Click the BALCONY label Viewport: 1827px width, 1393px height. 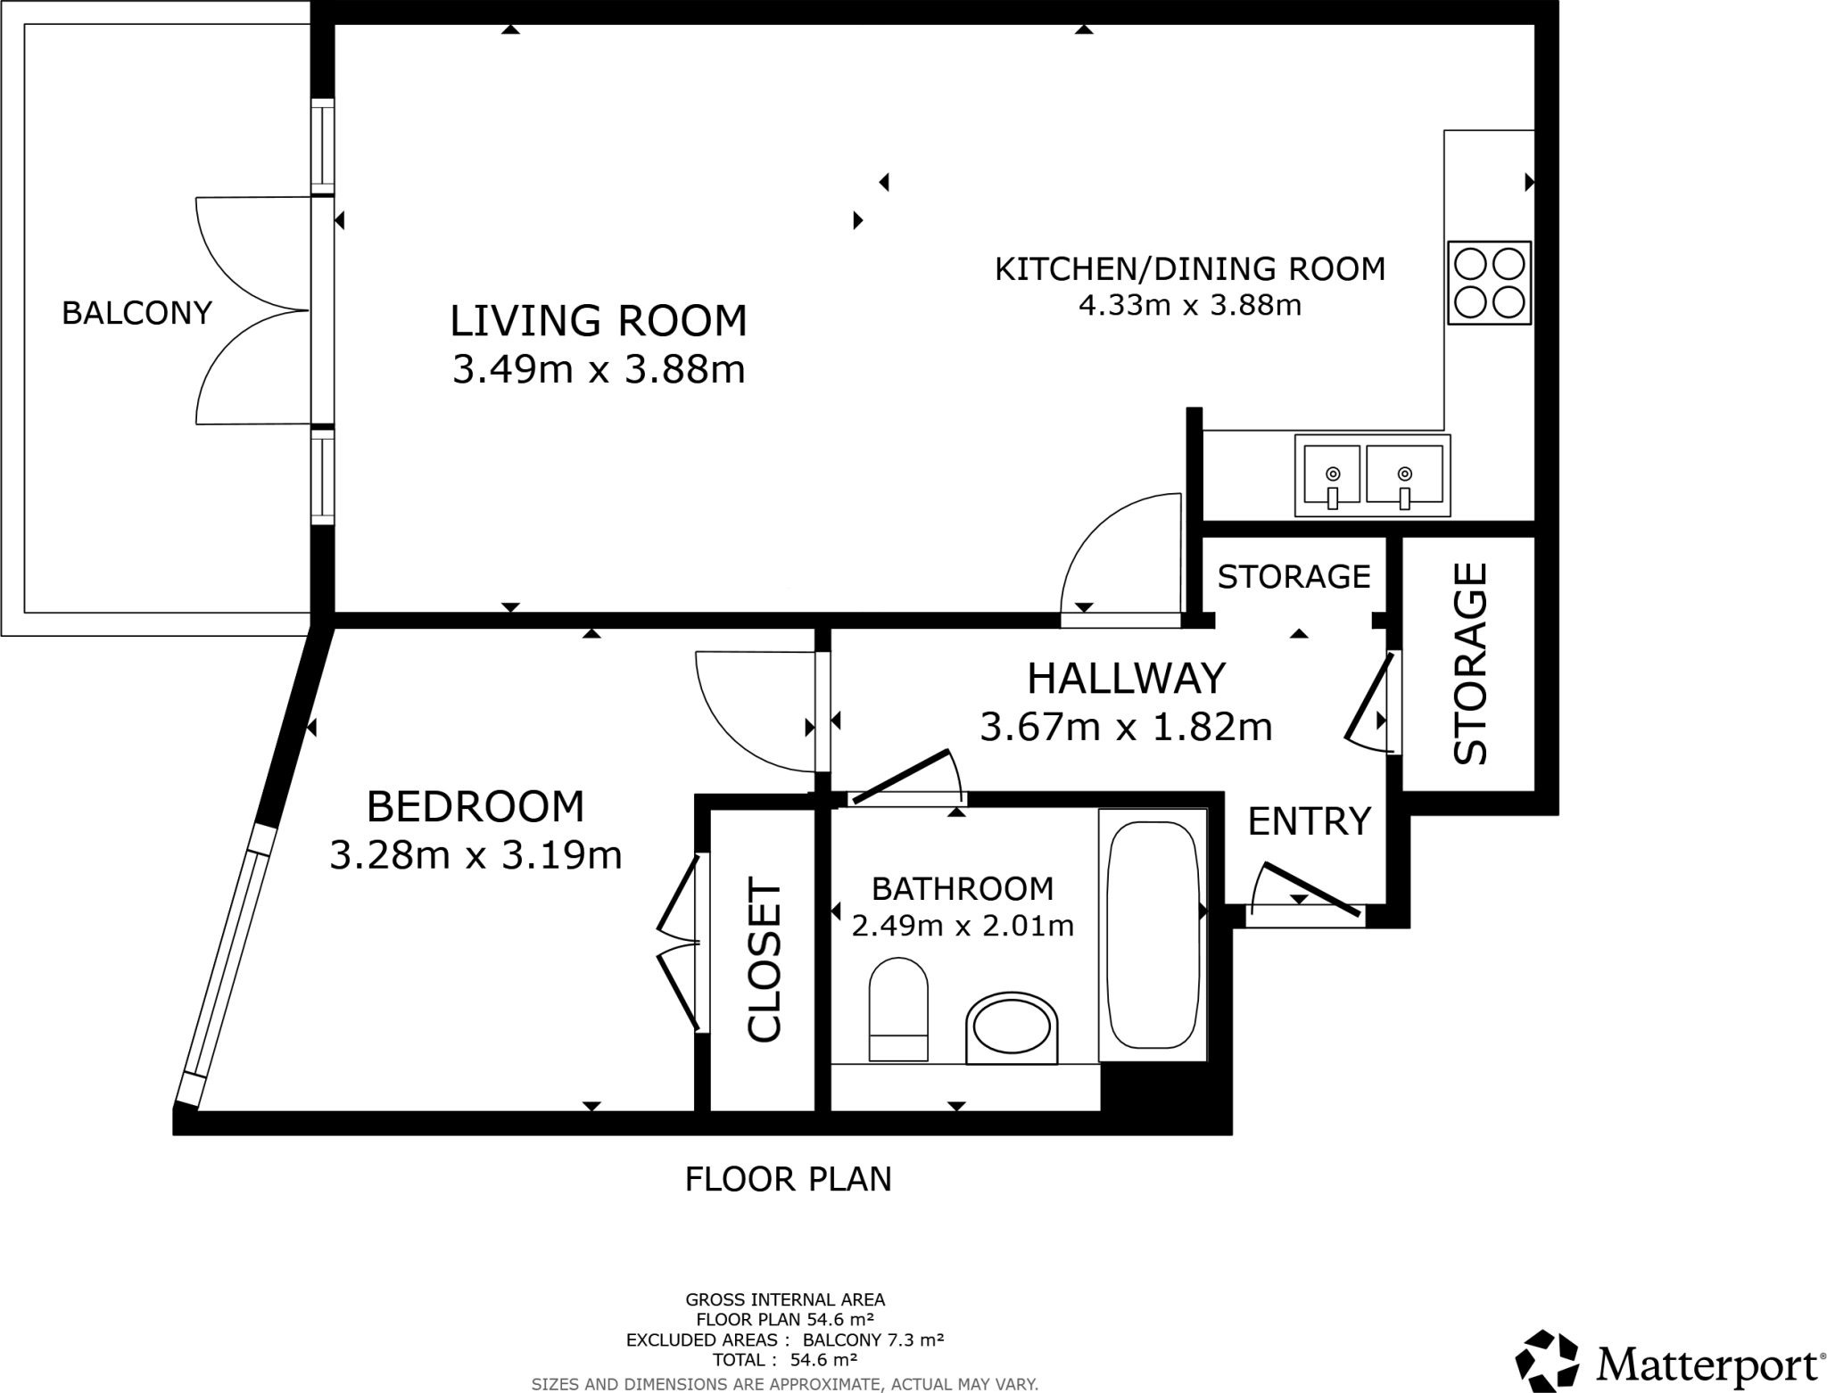[x=136, y=313]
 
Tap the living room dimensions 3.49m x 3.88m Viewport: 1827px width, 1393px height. [x=598, y=369]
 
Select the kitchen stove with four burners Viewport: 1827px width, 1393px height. [x=1489, y=283]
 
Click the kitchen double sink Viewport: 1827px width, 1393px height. [x=1372, y=475]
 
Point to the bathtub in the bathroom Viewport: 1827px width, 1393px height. [x=1152, y=935]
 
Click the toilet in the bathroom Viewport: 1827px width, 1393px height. [x=898, y=1010]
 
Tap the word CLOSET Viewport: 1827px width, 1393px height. [x=765, y=960]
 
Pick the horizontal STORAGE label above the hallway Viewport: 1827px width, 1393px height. [x=1294, y=577]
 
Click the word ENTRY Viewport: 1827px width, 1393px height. [x=1308, y=821]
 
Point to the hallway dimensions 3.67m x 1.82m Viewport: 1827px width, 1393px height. [x=1126, y=727]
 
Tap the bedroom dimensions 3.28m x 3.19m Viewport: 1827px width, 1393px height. [x=475, y=855]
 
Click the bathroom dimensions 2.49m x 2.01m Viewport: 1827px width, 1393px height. [x=963, y=927]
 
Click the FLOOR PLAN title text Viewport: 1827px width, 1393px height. [x=788, y=1179]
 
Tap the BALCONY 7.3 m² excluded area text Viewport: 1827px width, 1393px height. [x=873, y=1339]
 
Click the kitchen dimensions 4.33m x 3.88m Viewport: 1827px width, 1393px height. [x=1190, y=306]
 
